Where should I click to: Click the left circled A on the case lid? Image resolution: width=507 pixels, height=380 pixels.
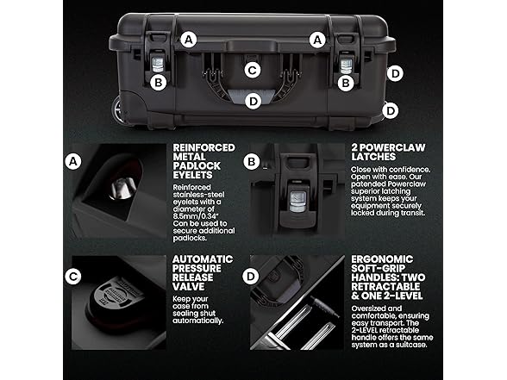(189, 40)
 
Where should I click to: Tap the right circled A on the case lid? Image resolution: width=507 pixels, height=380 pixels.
(317, 40)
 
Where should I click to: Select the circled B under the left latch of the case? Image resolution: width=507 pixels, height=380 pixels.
(159, 83)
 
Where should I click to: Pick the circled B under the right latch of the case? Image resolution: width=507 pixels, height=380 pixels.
(346, 83)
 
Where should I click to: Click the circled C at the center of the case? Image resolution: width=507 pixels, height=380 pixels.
(252, 70)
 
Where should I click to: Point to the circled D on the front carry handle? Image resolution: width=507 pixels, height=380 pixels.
(253, 101)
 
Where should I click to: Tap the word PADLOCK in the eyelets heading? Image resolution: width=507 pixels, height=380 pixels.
(197, 165)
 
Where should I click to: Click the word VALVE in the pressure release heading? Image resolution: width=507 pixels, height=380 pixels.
(188, 287)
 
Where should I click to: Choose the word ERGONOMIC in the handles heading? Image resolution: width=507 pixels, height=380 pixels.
(382, 259)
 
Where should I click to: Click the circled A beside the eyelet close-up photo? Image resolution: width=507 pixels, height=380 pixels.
(73, 161)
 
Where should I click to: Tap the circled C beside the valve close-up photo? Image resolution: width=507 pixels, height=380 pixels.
(73, 277)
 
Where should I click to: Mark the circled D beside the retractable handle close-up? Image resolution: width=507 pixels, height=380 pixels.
(251, 277)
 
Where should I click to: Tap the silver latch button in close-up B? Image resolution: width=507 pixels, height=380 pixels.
(297, 202)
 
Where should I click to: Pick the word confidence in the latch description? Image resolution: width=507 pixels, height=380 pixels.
(410, 169)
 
